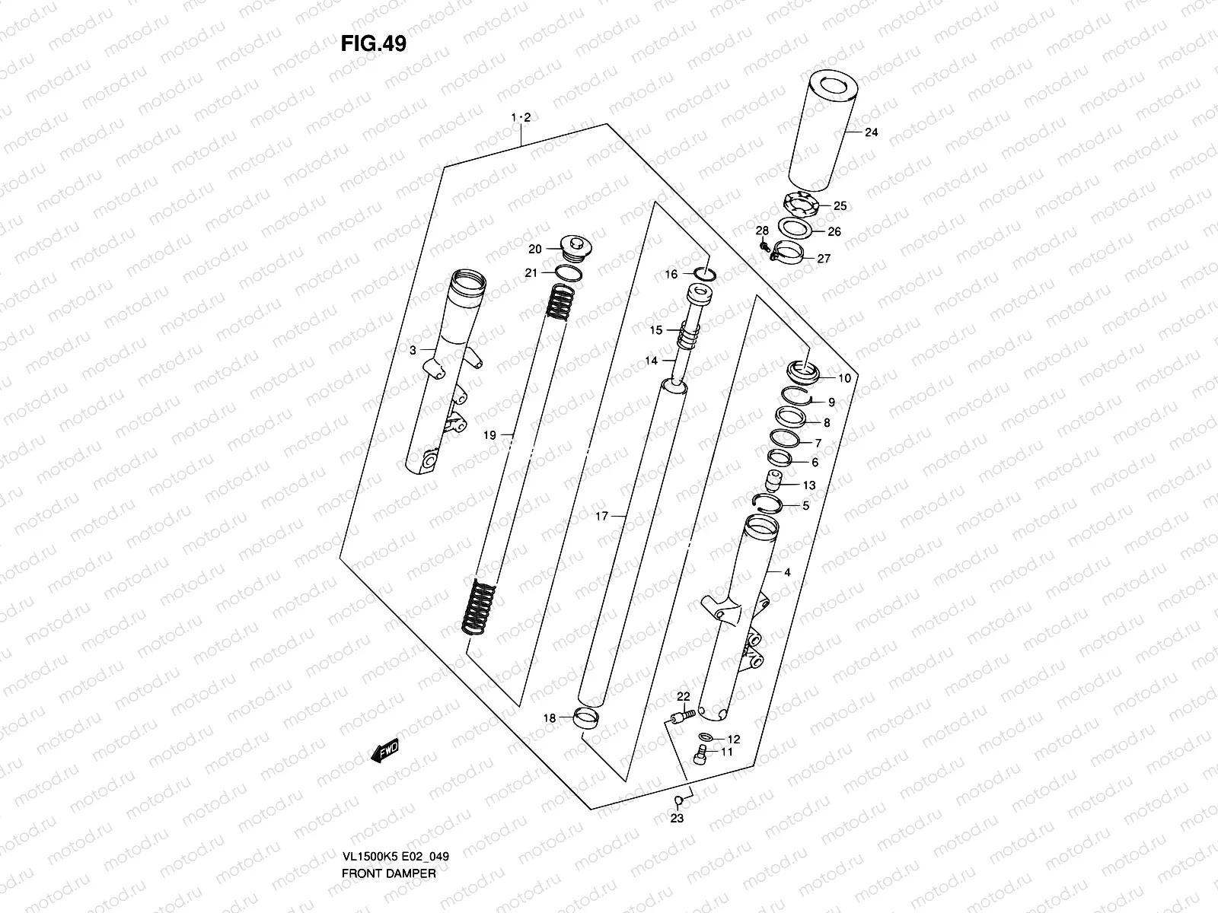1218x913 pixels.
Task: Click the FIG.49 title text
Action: click(373, 43)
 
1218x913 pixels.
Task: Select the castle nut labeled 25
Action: click(802, 205)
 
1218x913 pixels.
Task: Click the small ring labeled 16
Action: click(705, 273)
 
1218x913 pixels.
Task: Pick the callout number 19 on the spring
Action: click(489, 435)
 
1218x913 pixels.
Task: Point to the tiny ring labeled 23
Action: click(677, 800)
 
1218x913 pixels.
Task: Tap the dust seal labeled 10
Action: click(802, 373)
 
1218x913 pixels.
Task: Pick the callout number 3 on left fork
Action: click(412, 351)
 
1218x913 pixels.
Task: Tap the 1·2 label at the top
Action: click(520, 117)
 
